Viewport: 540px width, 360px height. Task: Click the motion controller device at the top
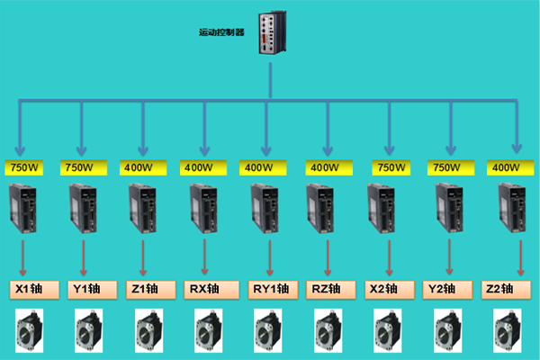click(x=272, y=32)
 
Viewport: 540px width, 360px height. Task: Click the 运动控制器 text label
click(x=220, y=32)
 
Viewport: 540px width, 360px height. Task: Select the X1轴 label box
click(x=35, y=289)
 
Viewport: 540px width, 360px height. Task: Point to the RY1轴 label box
click(x=271, y=289)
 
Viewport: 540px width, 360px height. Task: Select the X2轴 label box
click(x=391, y=289)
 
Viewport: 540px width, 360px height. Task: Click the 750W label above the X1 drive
click(x=22, y=166)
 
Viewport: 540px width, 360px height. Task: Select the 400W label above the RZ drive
click(x=324, y=166)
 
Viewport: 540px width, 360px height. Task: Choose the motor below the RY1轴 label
click(x=268, y=330)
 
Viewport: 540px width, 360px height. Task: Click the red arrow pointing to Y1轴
click(x=83, y=256)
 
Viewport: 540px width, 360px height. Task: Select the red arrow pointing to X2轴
click(x=389, y=256)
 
